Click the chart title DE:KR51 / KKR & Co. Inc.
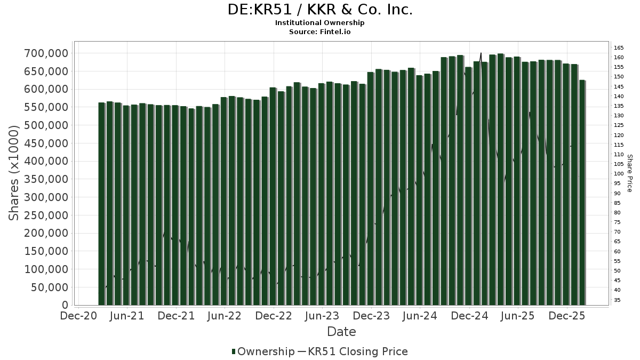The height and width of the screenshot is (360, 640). point(319,10)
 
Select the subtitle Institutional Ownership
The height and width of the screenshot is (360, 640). point(319,23)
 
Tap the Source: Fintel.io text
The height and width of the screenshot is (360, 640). point(319,32)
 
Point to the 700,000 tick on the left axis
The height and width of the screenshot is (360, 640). point(46,53)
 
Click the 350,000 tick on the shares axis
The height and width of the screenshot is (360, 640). point(46,179)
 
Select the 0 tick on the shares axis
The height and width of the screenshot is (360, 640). point(65,305)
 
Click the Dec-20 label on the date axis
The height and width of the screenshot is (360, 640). point(78,316)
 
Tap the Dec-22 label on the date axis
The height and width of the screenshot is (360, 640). point(274,316)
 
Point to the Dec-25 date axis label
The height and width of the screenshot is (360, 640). point(566,316)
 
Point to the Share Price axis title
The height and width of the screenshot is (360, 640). point(629,173)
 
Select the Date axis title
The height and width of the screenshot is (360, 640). point(341,332)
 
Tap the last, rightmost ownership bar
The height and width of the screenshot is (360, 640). point(582,192)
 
